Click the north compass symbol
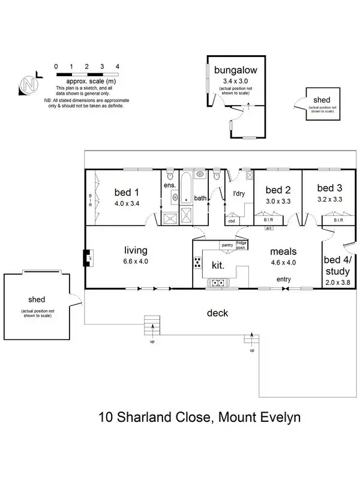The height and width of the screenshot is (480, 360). [28, 85]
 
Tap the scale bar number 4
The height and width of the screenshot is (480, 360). [118, 67]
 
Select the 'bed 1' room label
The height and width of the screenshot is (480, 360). [127, 192]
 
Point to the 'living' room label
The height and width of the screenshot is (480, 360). [136, 250]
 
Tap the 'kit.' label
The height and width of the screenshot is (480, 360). [217, 265]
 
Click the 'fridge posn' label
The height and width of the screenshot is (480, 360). [242, 245]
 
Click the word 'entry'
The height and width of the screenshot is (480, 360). [284, 280]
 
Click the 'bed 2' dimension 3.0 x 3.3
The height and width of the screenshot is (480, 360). [278, 201]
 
